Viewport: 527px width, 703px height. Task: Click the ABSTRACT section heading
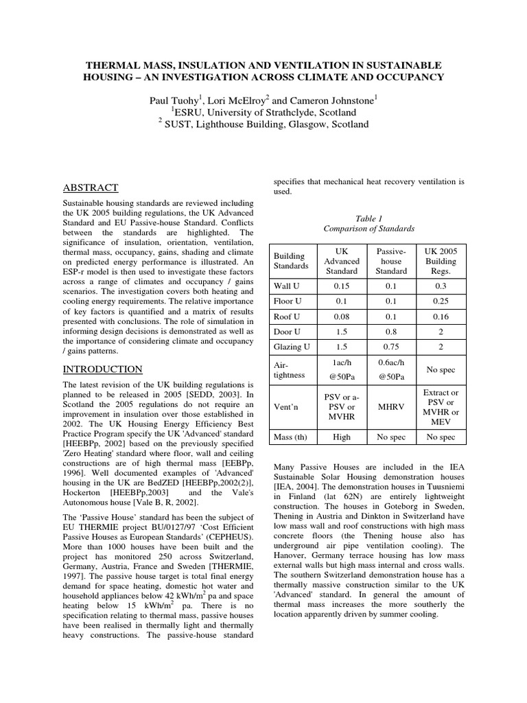tap(91, 187)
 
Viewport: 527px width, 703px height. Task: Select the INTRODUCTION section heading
tap(103, 369)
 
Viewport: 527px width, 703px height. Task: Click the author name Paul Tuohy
tap(180, 100)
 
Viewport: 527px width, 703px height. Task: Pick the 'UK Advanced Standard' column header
tap(341, 261)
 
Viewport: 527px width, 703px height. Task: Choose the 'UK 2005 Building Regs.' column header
tap(441, 261)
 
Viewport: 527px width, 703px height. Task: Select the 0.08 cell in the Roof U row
tap(341, 316)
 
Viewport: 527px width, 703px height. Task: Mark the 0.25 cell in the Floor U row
tap(441, 301)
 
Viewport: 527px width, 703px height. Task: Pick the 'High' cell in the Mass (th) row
tap(341, 437)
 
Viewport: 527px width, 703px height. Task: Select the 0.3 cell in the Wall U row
tap(441, 286)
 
